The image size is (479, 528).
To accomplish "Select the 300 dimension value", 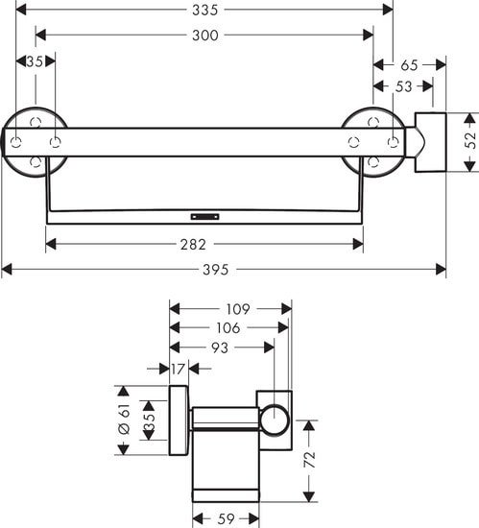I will pyautogui.click(x=204, y=36).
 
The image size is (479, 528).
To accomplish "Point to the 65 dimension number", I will pyautogui.click(x=409, y=65).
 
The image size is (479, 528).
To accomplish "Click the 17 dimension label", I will pyautogui.click(x=179, y=367).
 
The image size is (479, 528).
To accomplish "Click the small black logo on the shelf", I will pyautogui.click(x=204, y=216).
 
